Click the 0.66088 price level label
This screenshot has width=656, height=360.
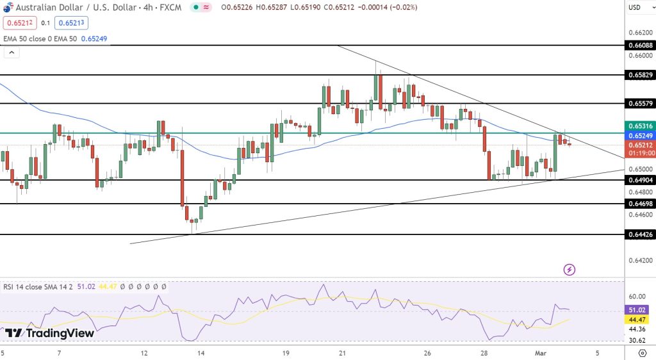point(640,45)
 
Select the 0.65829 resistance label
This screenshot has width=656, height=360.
point(640,75)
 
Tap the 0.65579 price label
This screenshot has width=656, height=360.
point(640,103)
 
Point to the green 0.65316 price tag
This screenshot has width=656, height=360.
point(640,126)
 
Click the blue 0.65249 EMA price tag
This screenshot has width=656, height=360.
point(640,136)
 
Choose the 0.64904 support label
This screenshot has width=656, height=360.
point(640,181)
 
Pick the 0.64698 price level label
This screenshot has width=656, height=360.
point(640,204)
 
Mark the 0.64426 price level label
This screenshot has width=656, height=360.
point(640,235)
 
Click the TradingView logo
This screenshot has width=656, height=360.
point(49,333)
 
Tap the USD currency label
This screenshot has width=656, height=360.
point(635,8)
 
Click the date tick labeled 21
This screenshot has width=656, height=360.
point(343,353)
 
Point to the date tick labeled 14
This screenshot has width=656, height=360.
point(201,353)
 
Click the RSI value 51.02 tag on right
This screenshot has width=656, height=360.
point(637,310)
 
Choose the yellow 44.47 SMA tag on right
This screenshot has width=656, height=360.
point(637,319)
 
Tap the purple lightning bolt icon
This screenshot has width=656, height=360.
point(570,270)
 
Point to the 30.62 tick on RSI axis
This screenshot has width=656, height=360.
point(637,340)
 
